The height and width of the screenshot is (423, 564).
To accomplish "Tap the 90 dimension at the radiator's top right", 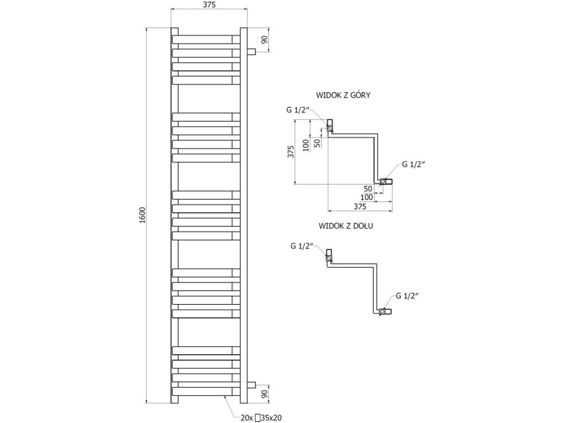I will tap(264, 40).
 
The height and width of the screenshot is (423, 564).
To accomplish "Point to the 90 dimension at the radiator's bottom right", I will tap(264, 394).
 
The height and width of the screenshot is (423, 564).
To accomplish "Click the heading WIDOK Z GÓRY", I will tap(343, 95).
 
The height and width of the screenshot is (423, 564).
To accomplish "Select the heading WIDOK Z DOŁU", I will tap(343, 226).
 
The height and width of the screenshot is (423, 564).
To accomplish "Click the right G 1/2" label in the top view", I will tap(415, 164).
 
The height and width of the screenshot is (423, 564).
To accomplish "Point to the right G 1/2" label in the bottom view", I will tap(407, 296).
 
